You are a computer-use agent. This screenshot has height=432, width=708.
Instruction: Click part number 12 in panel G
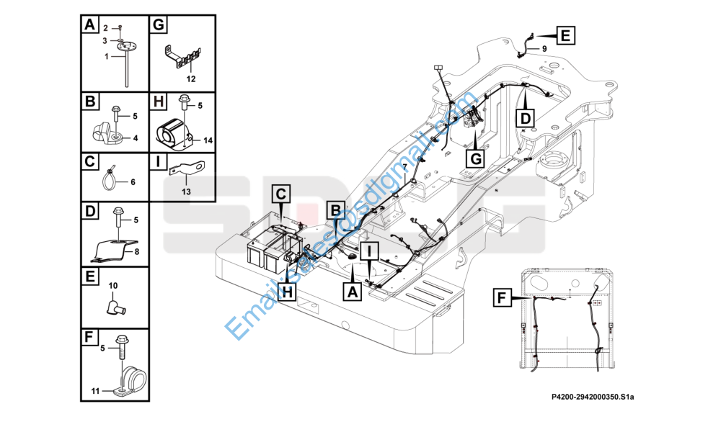click(191, 77)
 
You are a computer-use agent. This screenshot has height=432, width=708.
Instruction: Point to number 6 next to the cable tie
click(132, 182)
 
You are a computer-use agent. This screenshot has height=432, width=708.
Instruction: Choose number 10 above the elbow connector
click(112, 286)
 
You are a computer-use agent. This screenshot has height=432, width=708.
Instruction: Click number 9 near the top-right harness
click(544, 48)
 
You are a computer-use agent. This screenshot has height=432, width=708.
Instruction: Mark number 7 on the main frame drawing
click(405, 166)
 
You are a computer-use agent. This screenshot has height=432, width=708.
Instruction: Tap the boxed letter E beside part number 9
click(565, 34)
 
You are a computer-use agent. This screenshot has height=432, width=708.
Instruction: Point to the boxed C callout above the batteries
click(281, 194)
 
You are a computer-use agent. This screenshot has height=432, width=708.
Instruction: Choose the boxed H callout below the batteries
click(287, 292)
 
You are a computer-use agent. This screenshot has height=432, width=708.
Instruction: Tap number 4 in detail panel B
click(135, 138)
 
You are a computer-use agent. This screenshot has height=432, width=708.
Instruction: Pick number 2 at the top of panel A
click(105, 27)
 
